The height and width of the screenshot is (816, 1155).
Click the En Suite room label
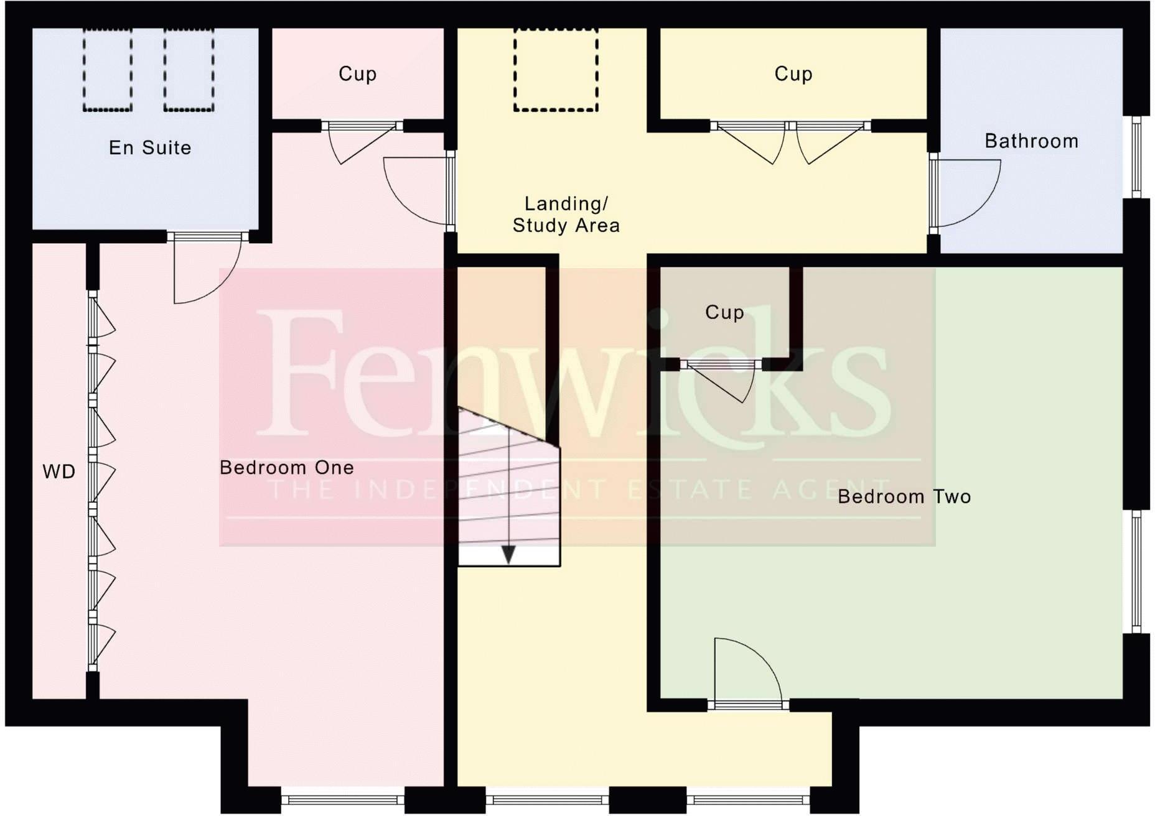[150, 148]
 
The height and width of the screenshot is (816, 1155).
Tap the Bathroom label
[1031, 141]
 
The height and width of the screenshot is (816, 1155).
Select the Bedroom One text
[287, 468]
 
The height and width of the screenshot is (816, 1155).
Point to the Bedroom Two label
[904, 497]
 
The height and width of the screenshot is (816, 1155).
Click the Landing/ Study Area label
[566, 215]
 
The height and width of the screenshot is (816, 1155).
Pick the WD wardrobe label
[59, 472]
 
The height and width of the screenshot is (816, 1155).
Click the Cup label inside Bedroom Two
[724, 312]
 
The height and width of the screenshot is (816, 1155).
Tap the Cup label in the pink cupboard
[357, 74]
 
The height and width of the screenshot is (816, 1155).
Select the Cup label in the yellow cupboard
[793, 74]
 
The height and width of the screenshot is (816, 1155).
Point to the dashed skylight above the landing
[556, 70]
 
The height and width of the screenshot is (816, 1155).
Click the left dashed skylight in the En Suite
[108, 70]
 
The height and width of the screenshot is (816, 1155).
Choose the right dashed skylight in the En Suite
[189, 70]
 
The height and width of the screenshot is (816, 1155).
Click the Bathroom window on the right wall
[1136, 157]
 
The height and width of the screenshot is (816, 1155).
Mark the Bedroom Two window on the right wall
[1136, 571]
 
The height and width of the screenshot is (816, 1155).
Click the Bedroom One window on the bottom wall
[343, 800]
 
